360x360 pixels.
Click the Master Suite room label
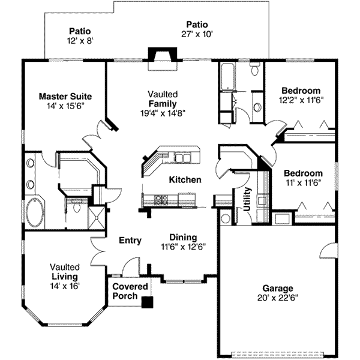tap(65, 95)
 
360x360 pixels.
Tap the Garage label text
tap(277, 287)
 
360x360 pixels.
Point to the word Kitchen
tap(184, 180)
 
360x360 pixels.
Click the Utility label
tap(246, 198)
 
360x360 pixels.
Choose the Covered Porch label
tap(130, 291)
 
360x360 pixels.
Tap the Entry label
tap(130, 241)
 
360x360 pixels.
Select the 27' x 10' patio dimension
tap(196, 34)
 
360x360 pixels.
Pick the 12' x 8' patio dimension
tap(80, 41)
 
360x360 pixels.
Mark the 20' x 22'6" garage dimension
tap(277, 296)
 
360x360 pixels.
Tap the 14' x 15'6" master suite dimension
tap(65, 105)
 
